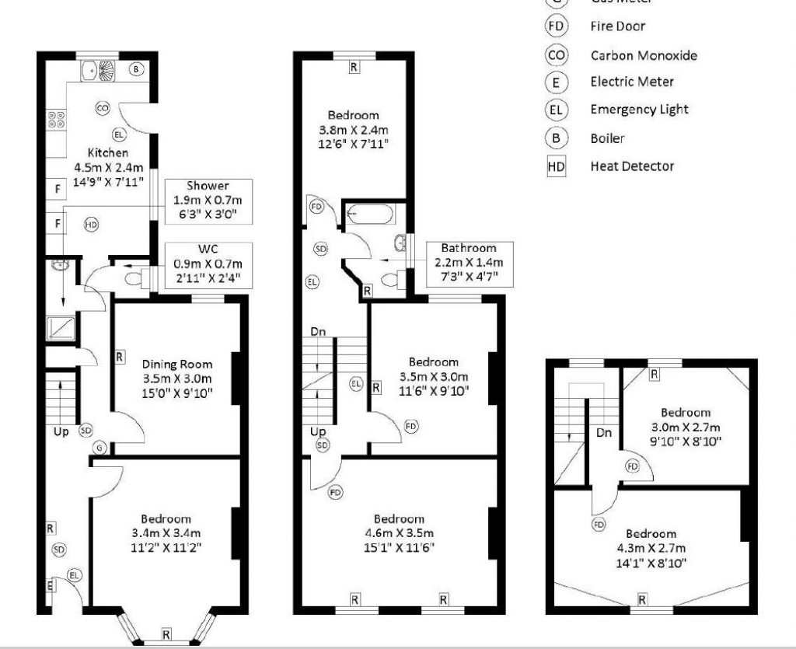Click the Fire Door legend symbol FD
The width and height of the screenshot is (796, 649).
pyautogui.click(x=557, y=26)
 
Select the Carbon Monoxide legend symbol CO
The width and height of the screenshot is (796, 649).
pyautogui.click(x=557, y=55)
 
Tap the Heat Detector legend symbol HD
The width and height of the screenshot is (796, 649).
pyautogui.click(x=557, y=166)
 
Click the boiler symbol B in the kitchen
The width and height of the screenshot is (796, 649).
pyautogui.click(x=137, y=69)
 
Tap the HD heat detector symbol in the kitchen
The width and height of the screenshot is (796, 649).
pyautogui.click(x=92, y=225)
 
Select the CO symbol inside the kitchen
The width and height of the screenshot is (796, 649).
pyautogui.click(x=102, y=108)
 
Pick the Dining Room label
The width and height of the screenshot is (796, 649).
pyautogui.click(x=176, y=364)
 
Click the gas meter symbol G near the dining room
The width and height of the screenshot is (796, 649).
pyautogui.click(x=99, y=448)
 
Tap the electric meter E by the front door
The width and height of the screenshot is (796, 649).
pyautogui.click(x=49, y=585)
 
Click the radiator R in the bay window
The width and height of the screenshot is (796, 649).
pyautogui.click(x=166, y=634)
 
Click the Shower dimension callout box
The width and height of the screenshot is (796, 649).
pyautogui.click(x=208, y=201)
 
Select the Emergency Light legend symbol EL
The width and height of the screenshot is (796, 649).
pyautogui.click(x=557, y=110)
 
